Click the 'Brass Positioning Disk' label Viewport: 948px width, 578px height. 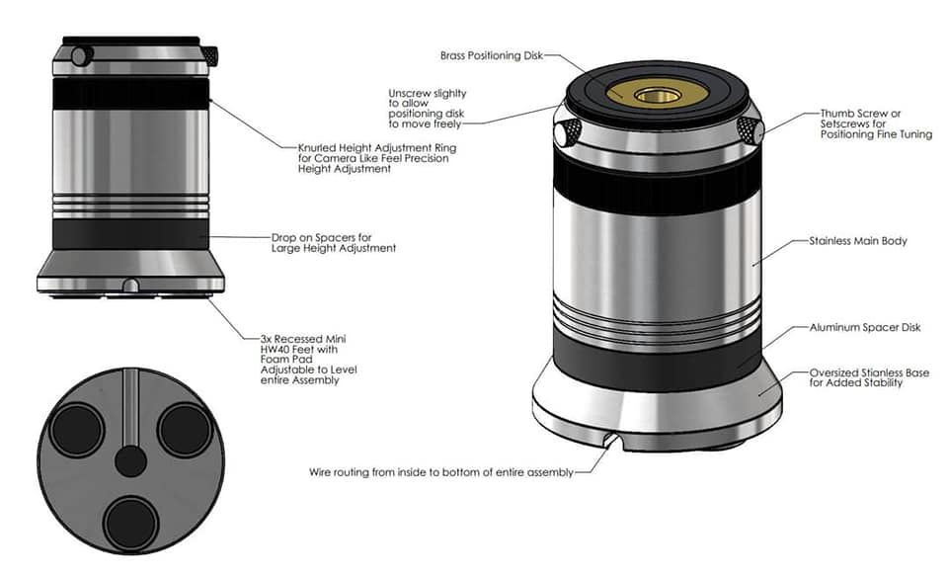pos(491,56)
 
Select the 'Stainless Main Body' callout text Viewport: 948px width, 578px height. pos(857,240)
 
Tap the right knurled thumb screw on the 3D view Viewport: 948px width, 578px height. pos(750,126)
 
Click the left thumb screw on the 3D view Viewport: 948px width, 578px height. pos(566,132)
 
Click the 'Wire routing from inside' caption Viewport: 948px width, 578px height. pos(440,472)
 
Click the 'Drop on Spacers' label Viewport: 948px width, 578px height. pos(333,243)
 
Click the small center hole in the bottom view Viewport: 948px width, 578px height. pos(130,461)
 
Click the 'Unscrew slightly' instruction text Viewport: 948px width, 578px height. pos(428,109)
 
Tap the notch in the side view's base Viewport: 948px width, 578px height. pos(130,286)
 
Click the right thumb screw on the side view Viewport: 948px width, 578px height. pos(209,56)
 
